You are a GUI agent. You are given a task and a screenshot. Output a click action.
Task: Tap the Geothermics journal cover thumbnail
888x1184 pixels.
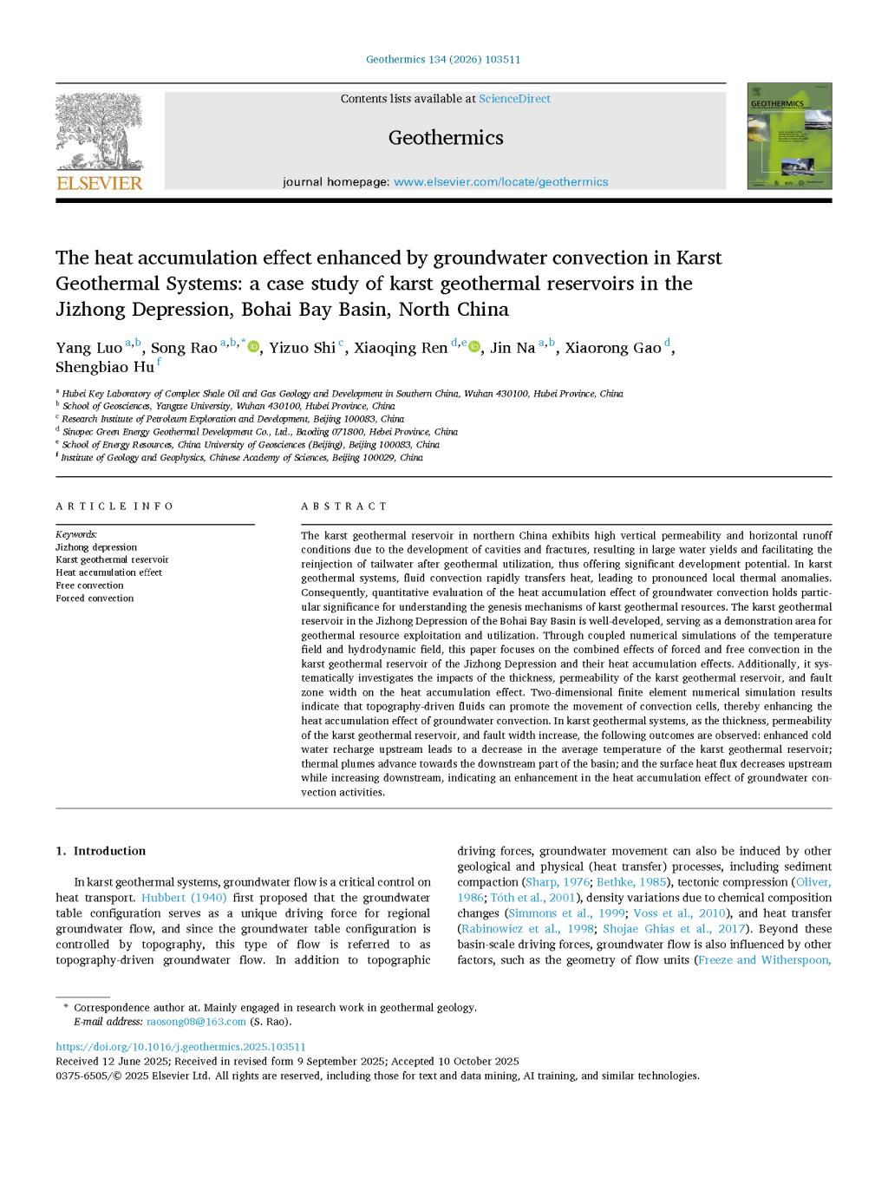coord(789,136)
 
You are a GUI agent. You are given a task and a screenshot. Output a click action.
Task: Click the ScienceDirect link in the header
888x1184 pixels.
coord(514,99)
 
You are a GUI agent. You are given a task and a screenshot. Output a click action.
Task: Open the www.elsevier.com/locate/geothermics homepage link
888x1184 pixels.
coord(500,182)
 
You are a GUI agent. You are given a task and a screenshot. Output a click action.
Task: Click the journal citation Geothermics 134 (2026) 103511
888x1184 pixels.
coord(443,60)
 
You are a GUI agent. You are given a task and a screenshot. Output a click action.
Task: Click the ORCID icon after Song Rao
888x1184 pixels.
coord(254,348)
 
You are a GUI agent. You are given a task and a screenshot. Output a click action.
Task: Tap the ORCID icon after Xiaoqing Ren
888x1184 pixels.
coord(473,348)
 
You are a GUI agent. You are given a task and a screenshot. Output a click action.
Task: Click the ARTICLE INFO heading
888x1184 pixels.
coord(114,507)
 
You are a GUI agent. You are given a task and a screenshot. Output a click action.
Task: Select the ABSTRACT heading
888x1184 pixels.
coord(344,507)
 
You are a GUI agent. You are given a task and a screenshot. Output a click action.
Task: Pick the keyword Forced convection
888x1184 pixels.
coord(95,599)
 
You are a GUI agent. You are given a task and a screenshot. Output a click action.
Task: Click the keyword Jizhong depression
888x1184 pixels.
coord(96,547)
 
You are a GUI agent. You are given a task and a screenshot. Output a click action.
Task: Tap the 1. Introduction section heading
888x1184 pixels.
coord(101,851)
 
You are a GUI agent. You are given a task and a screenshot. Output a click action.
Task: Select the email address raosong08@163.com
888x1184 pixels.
coord(196,1022)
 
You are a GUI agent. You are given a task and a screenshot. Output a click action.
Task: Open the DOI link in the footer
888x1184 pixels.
coord(180,1047)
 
